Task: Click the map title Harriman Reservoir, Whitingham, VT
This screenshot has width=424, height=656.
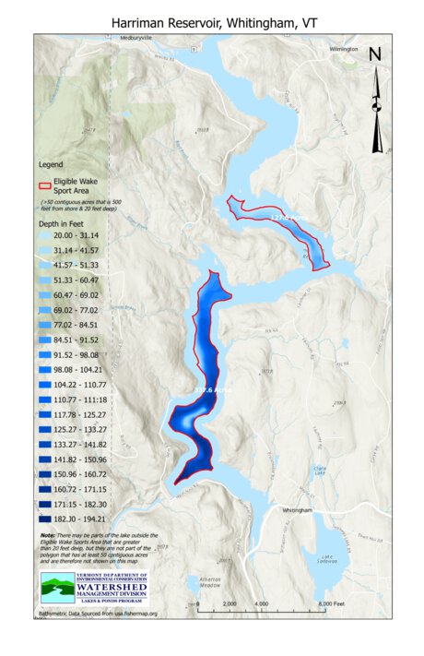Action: pyautogui.click(x=211, y=19)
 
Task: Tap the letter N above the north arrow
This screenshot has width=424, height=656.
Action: pyautogui.click(x=375, y=54)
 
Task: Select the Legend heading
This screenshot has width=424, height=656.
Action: pyautogui.click(x=50, y=165)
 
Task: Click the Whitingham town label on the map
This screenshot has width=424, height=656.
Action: pyautogui.click(x=299, y=509)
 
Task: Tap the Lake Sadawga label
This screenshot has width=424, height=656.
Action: pyautogui.click(x=326, y=559)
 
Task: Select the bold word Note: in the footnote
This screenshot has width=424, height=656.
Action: pyautogui.click(x=47, y=535)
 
